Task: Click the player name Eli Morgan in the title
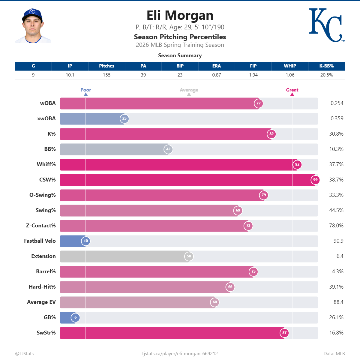180,16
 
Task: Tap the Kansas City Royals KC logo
326,25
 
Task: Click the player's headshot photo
33,26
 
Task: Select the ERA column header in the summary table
217,66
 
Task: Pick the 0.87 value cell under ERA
217,75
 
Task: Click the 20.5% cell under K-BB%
326,75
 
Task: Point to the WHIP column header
290,66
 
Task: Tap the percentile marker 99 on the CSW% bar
315,180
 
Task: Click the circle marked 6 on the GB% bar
76,317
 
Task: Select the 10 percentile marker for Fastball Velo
86,241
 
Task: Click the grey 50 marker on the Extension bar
189,256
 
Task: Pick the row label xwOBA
46,118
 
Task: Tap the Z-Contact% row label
41,226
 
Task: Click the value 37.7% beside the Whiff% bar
336,164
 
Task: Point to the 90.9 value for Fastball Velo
338,241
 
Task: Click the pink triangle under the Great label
292,94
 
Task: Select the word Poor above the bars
86,90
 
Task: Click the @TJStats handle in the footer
24,354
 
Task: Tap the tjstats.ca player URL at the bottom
180,354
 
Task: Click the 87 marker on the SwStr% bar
284,333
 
